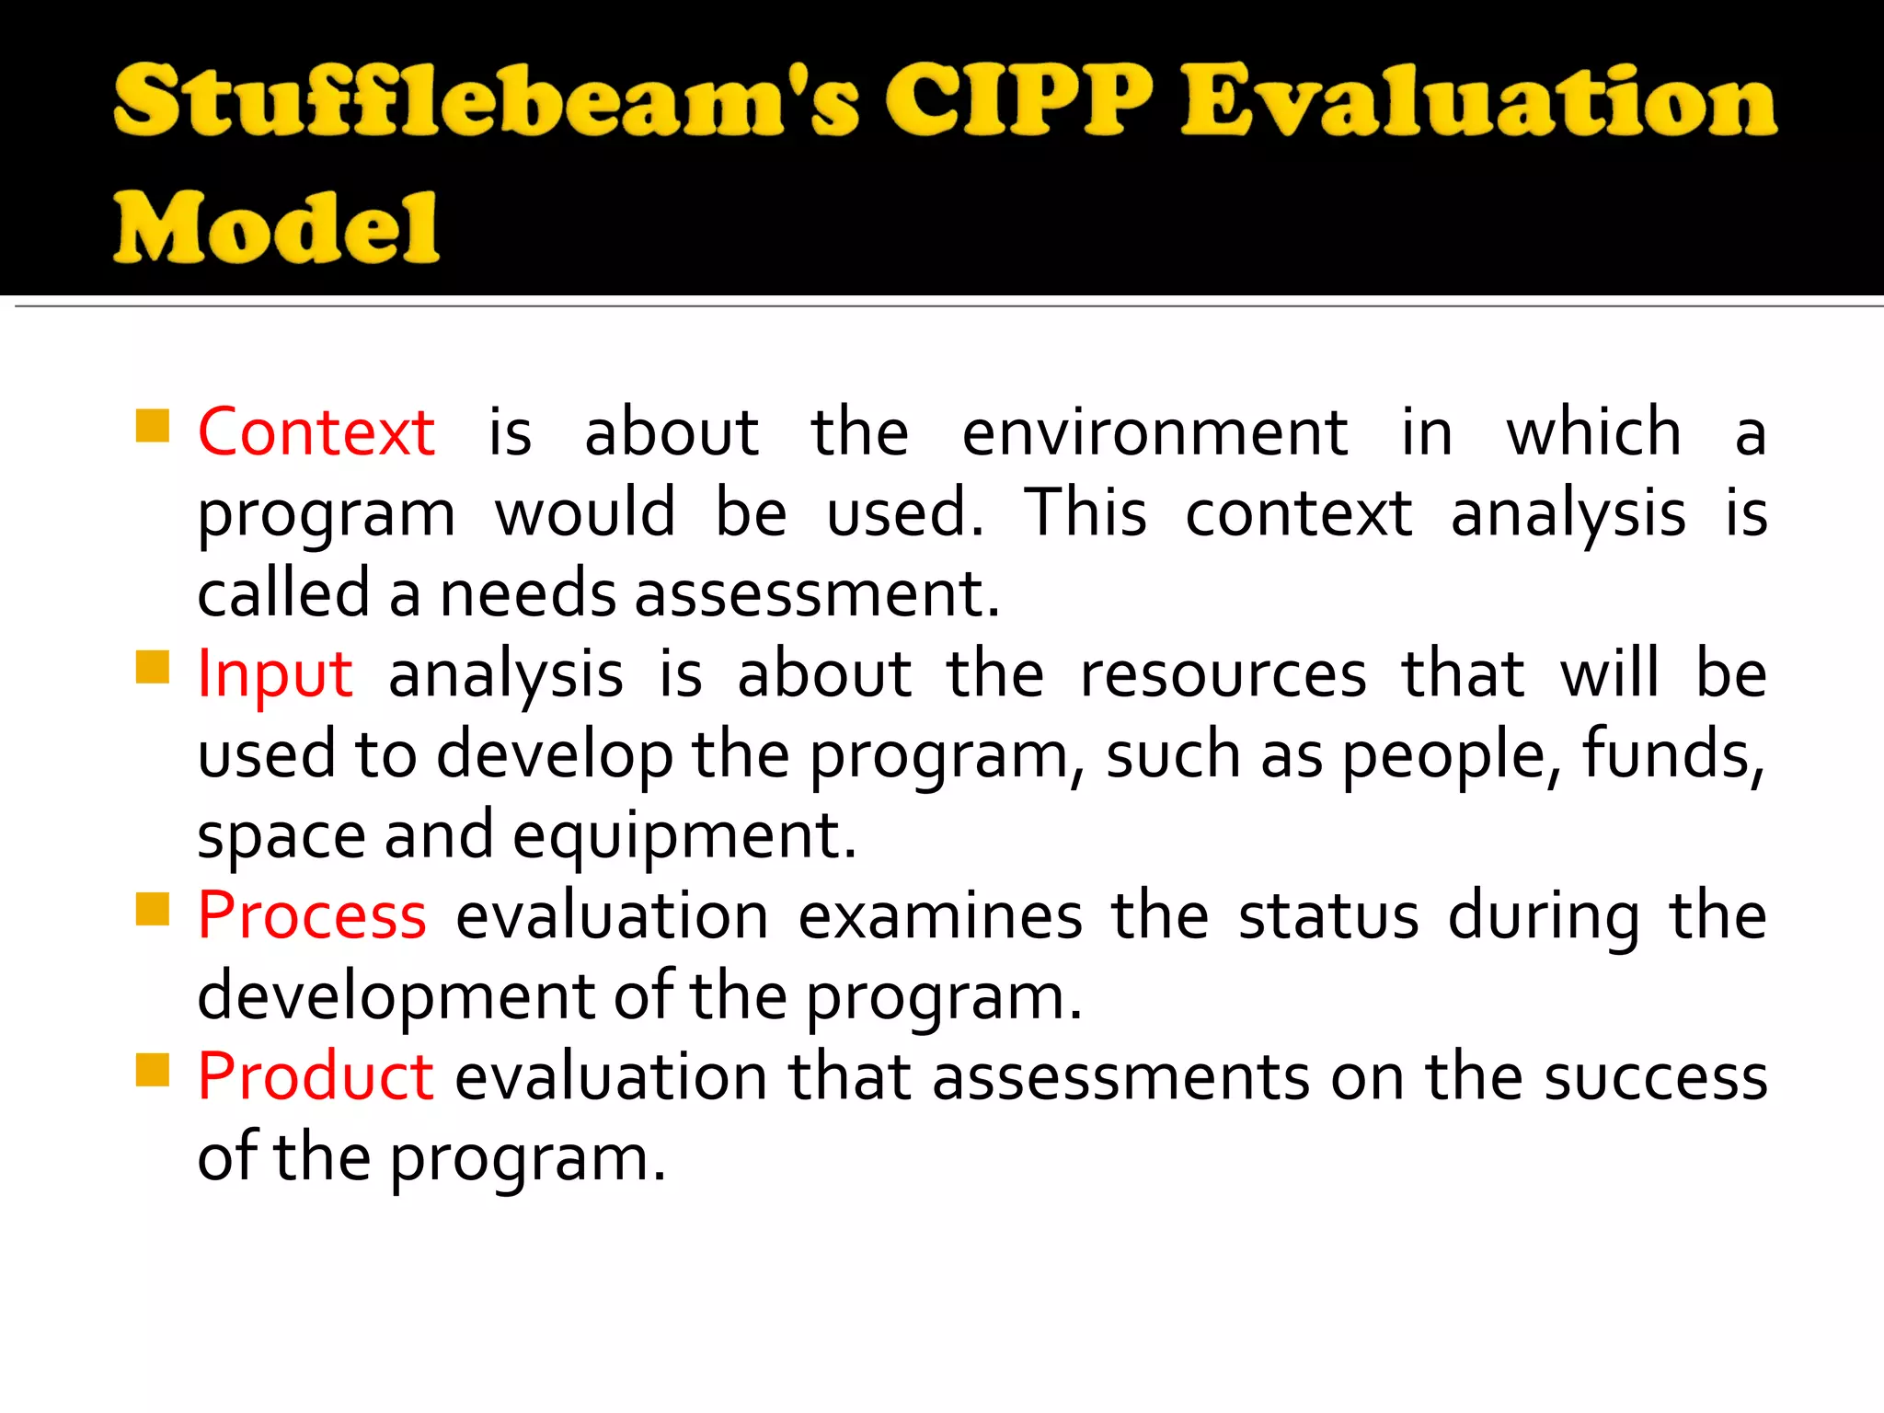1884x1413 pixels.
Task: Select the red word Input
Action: point(275,674)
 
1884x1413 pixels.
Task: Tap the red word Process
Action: point(312,916)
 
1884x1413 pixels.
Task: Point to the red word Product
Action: point(316,1076)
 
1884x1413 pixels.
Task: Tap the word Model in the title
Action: point(277,227)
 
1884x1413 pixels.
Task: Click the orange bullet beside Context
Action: point(152,426)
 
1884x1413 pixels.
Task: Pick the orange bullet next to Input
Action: point(152,668)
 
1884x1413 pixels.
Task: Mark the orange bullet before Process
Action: point(152,910)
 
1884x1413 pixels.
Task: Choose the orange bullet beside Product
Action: point(152,1070)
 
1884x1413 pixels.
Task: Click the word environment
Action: point(1155,432)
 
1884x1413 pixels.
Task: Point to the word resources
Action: point(1223,674)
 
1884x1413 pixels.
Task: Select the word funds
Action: point(1672,755)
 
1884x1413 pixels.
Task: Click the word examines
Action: point(940,916)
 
